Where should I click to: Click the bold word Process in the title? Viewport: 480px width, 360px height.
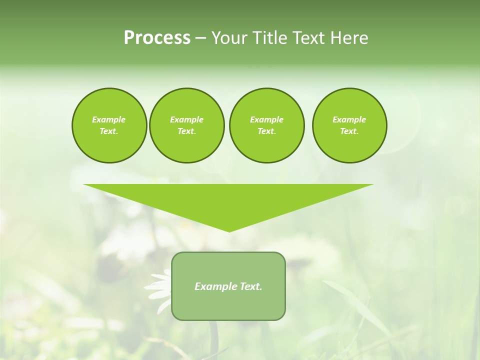(157, 38)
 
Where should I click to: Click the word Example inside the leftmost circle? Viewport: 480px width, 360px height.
(109, 119)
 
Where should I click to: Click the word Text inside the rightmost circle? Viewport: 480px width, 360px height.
(348, 131)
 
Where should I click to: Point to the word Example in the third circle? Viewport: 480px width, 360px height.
(266, 119)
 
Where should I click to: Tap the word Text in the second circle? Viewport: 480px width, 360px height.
(185, 131)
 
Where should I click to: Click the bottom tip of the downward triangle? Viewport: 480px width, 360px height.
(229, 230)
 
